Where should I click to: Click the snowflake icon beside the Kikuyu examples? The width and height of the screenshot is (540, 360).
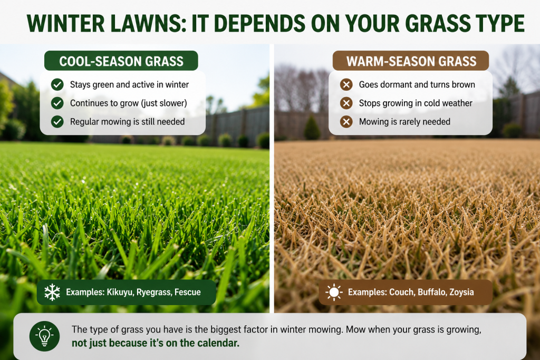pos(52,292)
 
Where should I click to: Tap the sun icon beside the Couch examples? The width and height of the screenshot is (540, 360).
pos(334,292)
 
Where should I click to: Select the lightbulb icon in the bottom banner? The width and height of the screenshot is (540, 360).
pos(44,336)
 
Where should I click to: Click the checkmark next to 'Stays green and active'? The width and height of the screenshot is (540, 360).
pos(57,84)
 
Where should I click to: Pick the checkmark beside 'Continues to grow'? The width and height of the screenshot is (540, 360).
pos(57,103)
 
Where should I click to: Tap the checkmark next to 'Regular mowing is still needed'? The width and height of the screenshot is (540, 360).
pos(57,121)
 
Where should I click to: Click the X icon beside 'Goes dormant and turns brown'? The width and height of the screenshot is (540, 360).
pos(346,84)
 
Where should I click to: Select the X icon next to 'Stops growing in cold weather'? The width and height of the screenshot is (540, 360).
pos(346,103)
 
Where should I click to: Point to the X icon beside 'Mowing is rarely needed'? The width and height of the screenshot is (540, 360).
pos(346,121)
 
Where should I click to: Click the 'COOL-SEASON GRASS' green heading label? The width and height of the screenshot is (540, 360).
pos(121,61)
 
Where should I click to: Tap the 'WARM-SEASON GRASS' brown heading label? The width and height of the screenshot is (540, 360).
pos(411,61)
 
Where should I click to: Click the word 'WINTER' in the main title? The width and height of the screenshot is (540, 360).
pos(65,23)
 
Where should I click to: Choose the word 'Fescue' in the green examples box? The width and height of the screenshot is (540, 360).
pos(188,292)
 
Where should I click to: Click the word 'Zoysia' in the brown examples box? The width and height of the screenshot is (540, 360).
pos(461,292)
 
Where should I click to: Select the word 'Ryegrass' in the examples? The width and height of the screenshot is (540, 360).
pos(154,292)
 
